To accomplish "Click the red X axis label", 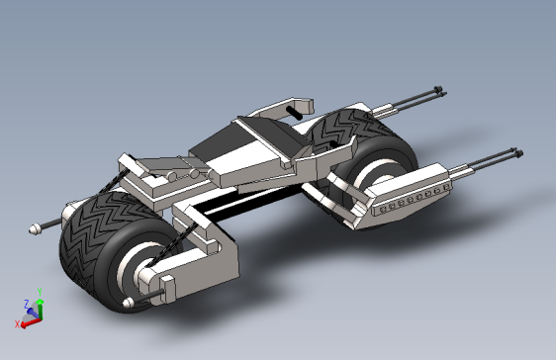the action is (x=17, y=323).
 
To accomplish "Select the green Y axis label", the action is (x=40, y=292).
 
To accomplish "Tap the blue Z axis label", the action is (x=26, y=304).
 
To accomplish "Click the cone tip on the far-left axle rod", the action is (x=34, y=228).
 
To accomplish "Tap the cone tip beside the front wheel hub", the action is (x=128, y=303).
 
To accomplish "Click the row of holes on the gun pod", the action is (x=415, y=200).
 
